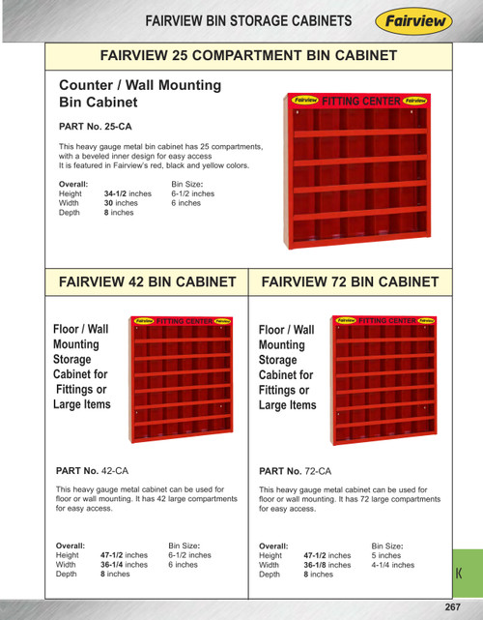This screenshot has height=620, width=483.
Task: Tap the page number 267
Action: point(452,606)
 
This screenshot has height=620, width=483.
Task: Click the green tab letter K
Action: point(459,575)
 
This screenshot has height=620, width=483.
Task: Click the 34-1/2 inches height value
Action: point(128,193)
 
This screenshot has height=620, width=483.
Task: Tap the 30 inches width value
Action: point(121,203)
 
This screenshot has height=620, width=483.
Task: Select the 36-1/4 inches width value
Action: point(124,565)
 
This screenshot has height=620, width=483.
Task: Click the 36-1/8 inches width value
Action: point(327,565)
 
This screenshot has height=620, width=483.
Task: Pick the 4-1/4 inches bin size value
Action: point(393,565)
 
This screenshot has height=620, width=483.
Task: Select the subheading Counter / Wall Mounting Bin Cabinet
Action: point(140,93)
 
